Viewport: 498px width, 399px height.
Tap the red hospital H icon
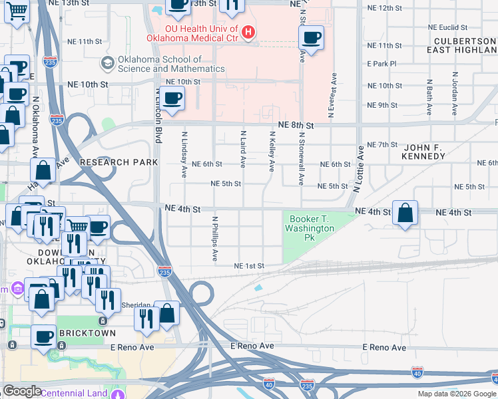(248, 31)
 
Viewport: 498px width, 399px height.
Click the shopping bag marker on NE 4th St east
(405, 213)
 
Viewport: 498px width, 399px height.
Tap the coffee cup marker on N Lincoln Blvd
(172, 98)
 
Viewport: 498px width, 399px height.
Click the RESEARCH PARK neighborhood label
(119, 162)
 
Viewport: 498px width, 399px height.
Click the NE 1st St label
(249, 266)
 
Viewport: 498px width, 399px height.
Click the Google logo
(22, 391)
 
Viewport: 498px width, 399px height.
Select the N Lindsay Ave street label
(184, 154)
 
